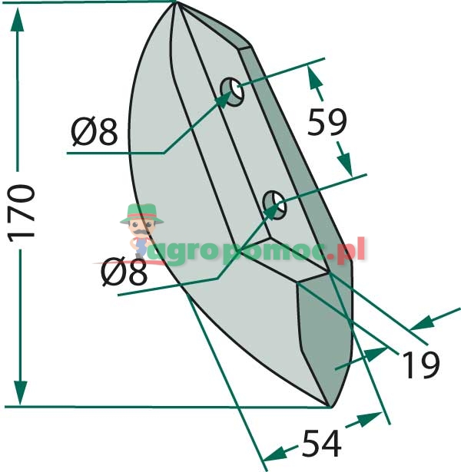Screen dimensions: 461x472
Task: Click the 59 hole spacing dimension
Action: click(327, 122)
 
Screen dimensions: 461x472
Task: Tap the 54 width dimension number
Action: click(321, 444)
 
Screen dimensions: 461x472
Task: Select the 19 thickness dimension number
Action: click(420, 365)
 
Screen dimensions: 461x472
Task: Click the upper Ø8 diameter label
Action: click(94, 131)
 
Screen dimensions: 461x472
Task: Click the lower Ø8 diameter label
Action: click(124, 272)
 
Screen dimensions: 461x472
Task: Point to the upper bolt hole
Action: click(232, 92)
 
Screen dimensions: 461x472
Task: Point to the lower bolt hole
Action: click(274, 205)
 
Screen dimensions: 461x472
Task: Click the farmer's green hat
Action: click(142, 213)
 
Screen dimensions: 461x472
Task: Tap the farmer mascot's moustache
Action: click(141, 233)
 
